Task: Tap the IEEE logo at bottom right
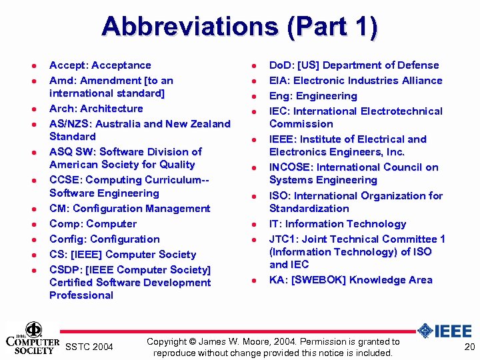(x=444, y=331)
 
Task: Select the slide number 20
(x=469, y=347)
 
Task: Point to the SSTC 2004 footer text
(x=90, y=347)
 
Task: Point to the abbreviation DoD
(x=280, y=65)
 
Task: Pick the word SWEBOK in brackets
(x=321, y=280)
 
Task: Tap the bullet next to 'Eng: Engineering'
(x=253, y=97)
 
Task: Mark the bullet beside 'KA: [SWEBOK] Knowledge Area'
(x=253, y=281)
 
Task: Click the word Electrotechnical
(x=395, y=111)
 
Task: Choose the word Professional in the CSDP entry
(x=81, y=295)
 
